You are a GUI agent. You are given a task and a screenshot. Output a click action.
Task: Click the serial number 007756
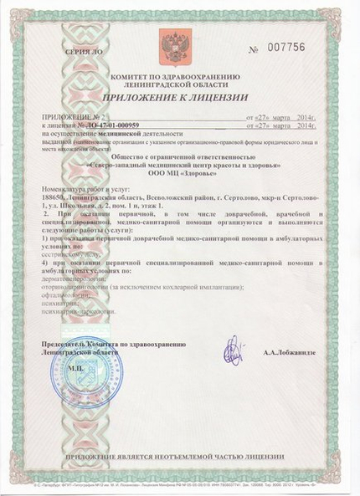[x=292, y=49]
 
